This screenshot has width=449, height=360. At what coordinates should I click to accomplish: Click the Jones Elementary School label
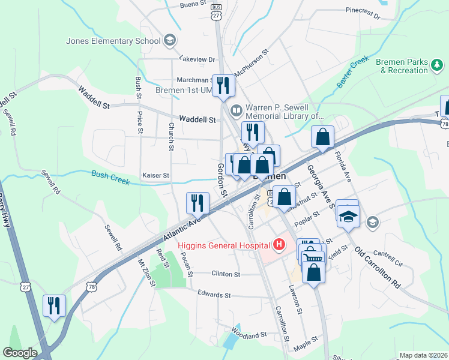113,41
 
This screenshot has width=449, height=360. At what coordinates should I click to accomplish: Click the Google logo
20,353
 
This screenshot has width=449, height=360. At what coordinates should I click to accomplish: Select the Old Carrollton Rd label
377,268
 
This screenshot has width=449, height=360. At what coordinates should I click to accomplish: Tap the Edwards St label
214,295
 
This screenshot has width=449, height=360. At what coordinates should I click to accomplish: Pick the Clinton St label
226,274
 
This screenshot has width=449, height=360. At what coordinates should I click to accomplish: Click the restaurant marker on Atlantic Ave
198,203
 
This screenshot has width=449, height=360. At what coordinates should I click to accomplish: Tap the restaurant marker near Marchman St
224,85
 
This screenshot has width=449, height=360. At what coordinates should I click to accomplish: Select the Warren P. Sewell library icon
237,110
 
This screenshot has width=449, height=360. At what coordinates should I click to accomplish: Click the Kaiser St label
155,176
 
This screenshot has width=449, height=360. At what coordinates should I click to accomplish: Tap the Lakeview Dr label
197,59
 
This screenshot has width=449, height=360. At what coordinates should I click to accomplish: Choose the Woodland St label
248,333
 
